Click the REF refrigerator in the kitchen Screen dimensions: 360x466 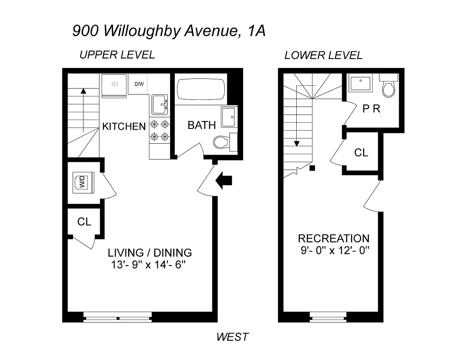coord(114,84)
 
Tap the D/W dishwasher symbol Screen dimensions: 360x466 coord(139,84)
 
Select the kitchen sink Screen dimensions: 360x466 coord(160,104)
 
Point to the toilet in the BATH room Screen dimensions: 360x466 coord(222,142)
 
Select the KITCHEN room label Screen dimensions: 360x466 coord(124,126)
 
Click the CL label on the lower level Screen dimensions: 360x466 coord(361,153)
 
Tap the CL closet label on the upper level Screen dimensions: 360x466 coord(84,222)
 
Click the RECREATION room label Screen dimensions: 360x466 coord(334,238)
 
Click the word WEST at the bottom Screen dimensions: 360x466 coord(232,337)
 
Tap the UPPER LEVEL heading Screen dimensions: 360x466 coord(117,55)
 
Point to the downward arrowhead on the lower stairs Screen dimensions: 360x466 coord(297,143)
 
